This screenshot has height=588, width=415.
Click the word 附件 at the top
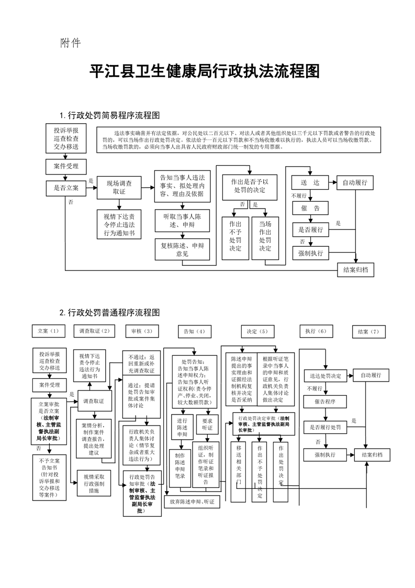pyautogui.click(x=70, y=43)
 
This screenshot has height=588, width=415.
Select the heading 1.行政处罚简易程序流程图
pyautogui.click(x=110, y=115)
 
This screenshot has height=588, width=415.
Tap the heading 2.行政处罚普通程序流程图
pyautogui.click(x=110, y=313)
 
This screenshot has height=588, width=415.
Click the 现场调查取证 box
pyautogui.click(x=119, y=188)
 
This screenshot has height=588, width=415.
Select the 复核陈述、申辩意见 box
pyautogui.click(x=183, y=249)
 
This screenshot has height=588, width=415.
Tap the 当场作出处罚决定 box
pyautogui.click(x=265, y=238)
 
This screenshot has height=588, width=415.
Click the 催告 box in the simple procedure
pyautogui.click(x=310, y=209)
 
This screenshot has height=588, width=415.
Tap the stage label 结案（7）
pyautogui.click(x=368, y=332)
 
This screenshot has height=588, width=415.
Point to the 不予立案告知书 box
pyautogui.click(x=49, y=476)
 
